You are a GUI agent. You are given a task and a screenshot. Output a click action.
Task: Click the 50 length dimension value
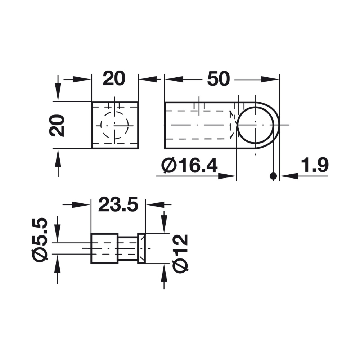pos(218,79)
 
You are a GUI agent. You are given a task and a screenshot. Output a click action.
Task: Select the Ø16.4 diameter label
pos(190,167)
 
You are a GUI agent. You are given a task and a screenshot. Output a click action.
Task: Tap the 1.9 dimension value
pos(315,166)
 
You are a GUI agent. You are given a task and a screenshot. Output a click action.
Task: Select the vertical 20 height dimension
pos(58,125)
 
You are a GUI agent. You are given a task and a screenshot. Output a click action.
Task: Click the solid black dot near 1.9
pos(274,176)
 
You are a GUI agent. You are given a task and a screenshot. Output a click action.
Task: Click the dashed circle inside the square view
pos(114,125)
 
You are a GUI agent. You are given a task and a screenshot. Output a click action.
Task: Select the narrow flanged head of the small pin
pos(141,248)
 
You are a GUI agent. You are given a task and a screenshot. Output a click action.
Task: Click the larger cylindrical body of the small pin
pos(104,248)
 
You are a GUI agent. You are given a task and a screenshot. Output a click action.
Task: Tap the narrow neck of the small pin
pos(128,248)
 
